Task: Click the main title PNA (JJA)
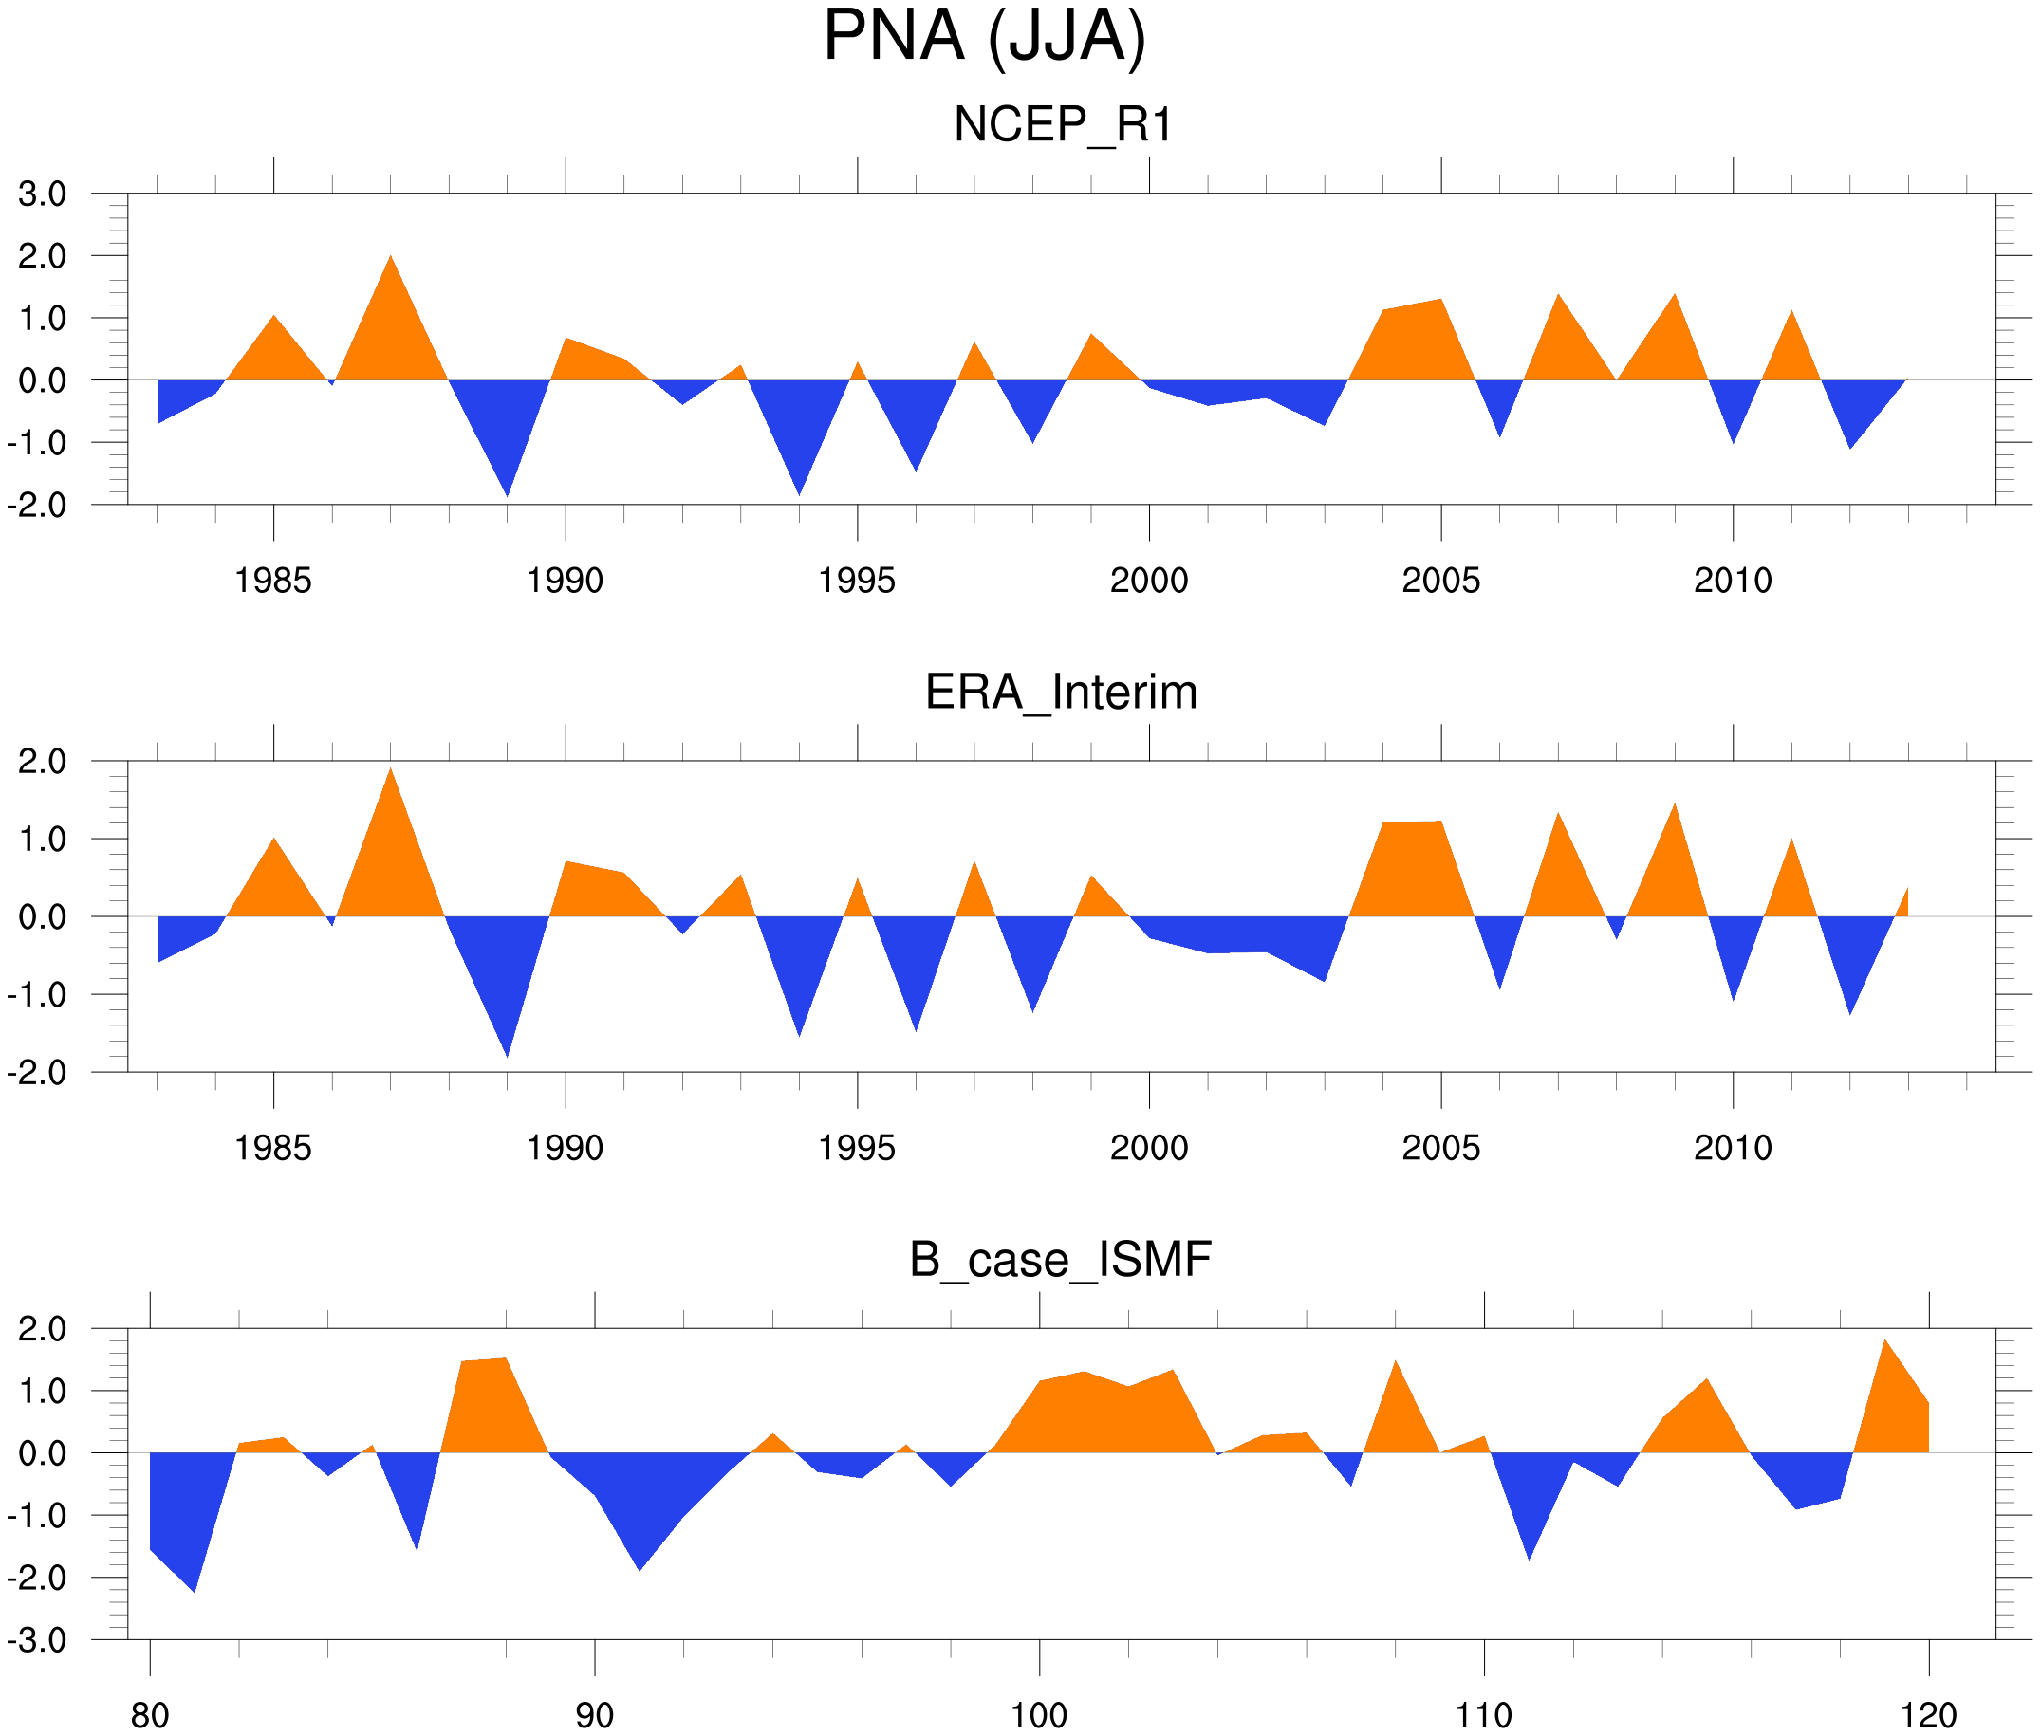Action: coord(984,37)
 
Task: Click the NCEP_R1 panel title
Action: coord(1063,125)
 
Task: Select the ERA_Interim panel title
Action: coord(1061,692)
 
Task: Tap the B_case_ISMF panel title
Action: coord(1060,1260)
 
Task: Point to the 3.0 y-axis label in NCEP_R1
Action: coord(43,194)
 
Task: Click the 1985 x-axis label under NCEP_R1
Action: coord(272,581)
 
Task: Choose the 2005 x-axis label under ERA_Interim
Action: coord(1440,1148)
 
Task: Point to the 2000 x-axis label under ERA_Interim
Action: coord(1148,1148)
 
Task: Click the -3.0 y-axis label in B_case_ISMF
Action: coord(37,1640)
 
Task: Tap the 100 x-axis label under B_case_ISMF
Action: coord(1038,1715)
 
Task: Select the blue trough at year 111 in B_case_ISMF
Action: coord(1529,1555)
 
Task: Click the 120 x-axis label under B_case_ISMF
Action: coord(1928,1715)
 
